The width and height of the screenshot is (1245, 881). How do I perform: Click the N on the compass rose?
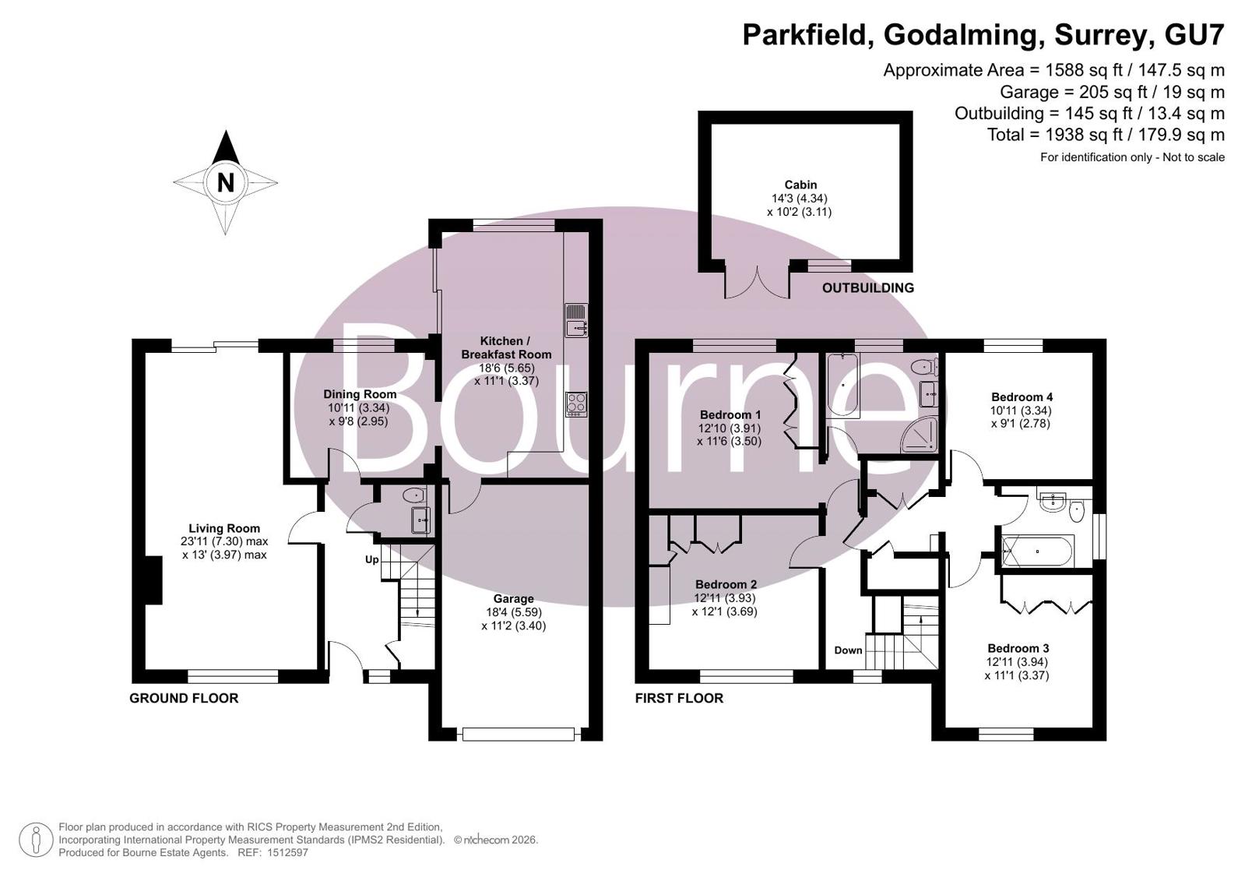pos(225,182)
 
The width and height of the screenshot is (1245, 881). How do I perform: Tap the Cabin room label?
pos(800,185)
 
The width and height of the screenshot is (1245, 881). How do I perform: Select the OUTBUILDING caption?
pos(867,288)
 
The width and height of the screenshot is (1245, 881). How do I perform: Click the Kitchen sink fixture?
pos(576,320)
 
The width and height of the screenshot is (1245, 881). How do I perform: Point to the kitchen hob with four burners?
pos(576,404)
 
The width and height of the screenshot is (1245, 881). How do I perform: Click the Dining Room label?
pos(360,394)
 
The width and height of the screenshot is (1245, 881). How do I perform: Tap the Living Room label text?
pos(224,528)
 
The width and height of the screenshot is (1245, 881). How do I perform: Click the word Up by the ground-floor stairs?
pos(372,559)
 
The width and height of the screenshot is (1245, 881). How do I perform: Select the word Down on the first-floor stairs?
pos(848,650)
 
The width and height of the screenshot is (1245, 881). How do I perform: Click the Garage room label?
pos(513,599)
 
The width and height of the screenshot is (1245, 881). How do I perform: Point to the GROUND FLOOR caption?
pos(184,698)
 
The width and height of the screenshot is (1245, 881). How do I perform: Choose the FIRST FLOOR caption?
pos(679,698)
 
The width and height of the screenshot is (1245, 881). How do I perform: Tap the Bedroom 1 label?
pos(730,415)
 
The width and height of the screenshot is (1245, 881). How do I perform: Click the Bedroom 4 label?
pos(1022,397)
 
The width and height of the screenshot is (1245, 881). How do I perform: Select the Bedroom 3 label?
pos(1018,649)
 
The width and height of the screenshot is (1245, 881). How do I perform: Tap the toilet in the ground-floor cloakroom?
pos(413,495)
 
